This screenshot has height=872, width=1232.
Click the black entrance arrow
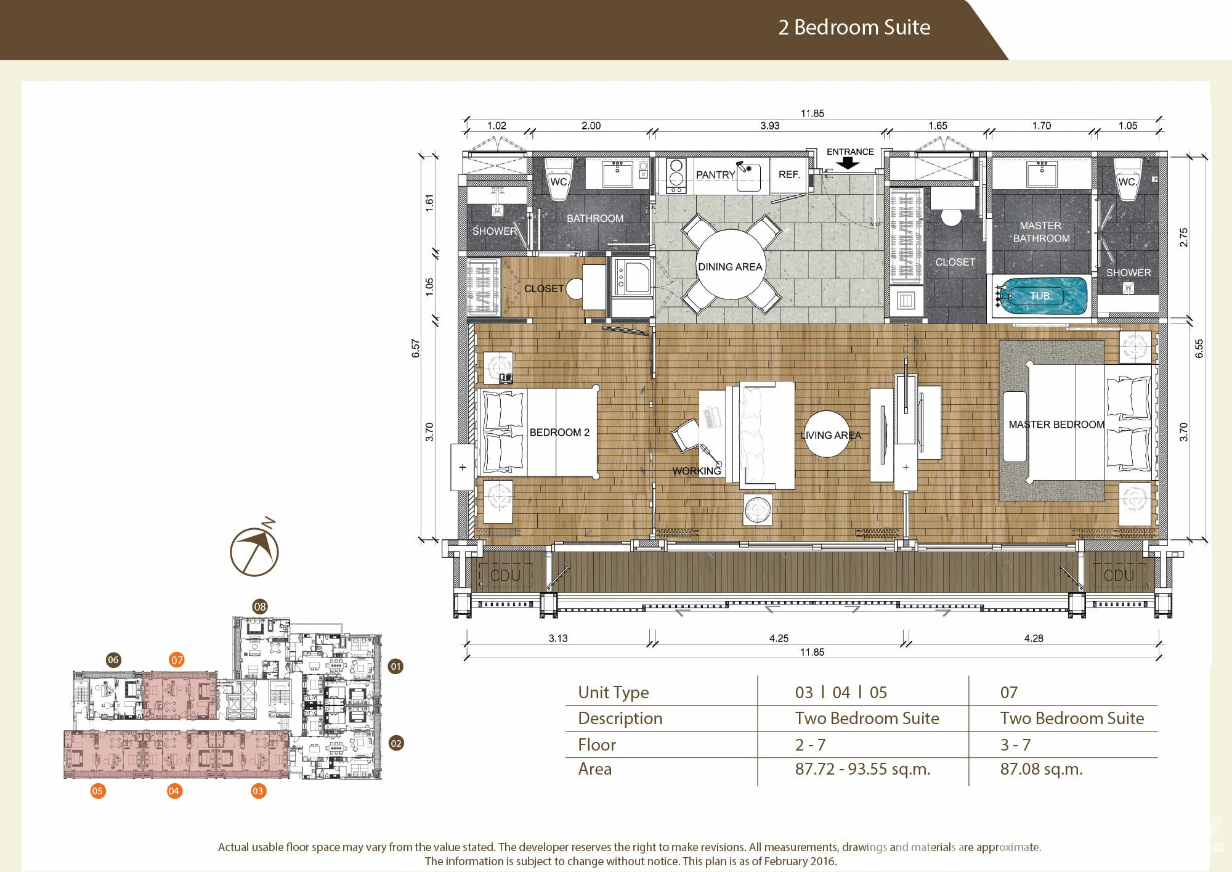(848, 163)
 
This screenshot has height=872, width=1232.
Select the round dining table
(731, 264)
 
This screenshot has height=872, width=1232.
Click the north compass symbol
(254, 549)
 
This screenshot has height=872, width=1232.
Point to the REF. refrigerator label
(789, 174)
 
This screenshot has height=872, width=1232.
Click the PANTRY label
(716, 174)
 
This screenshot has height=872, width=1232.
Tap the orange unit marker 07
(177, 660)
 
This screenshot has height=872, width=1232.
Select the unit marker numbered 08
(260, 606)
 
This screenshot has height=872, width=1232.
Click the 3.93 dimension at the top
(769, 126)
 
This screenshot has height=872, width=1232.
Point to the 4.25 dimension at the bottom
(779, 638)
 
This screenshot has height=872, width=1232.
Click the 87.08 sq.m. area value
(1041, 769)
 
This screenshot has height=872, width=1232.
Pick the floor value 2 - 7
(810, 745)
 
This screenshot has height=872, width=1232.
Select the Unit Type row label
(613, 693)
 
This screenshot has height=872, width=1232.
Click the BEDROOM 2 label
(559, 432)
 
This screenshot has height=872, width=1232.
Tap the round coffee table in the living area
(827, 434)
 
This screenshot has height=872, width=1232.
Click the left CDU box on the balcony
(505, 576)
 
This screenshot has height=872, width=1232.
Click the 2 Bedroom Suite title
(854, 27)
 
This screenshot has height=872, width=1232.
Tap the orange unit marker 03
(258, 791)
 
